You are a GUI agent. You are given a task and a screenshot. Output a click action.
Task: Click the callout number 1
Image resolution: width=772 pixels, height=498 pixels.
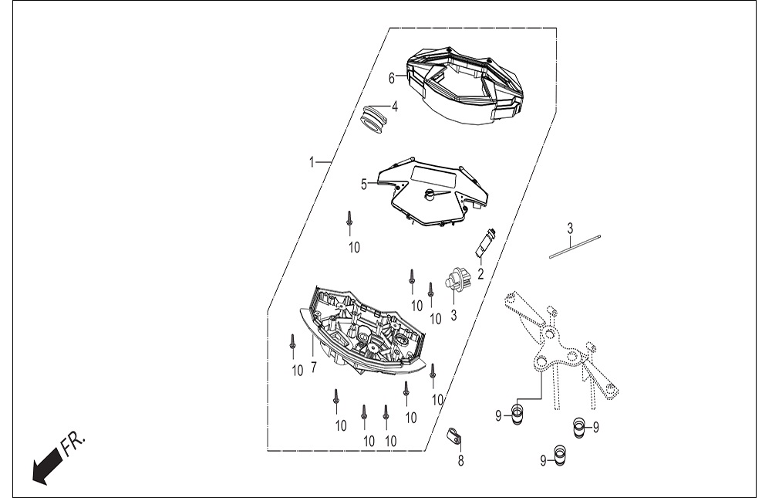[x=311, y=161]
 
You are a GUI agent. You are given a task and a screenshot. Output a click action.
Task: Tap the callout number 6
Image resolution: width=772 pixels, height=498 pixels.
[x=392, y=78]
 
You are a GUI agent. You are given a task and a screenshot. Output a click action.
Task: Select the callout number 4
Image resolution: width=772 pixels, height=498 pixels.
[x=394, y=107]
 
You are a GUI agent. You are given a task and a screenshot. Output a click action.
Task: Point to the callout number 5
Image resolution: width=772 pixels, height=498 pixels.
[x=364, y=185]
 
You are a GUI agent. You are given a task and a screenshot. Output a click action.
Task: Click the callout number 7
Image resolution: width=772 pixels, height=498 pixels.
[x=314, y=368]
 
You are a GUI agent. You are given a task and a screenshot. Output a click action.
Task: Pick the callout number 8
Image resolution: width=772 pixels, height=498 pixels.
[x=461, y=461]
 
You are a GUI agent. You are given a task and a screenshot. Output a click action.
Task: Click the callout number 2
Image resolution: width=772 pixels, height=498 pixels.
[x=480, y=273]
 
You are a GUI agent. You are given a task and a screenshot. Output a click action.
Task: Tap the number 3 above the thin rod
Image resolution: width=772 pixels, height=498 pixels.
[x=570, y=229]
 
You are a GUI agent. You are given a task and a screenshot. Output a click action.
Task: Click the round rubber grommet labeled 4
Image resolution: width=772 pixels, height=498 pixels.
[x=375, y=120]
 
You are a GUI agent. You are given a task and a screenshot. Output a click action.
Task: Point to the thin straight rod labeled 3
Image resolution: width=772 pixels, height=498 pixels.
[x=575, y=246]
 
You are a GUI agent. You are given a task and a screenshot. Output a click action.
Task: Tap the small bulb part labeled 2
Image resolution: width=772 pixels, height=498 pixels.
[x=484, y=242]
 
